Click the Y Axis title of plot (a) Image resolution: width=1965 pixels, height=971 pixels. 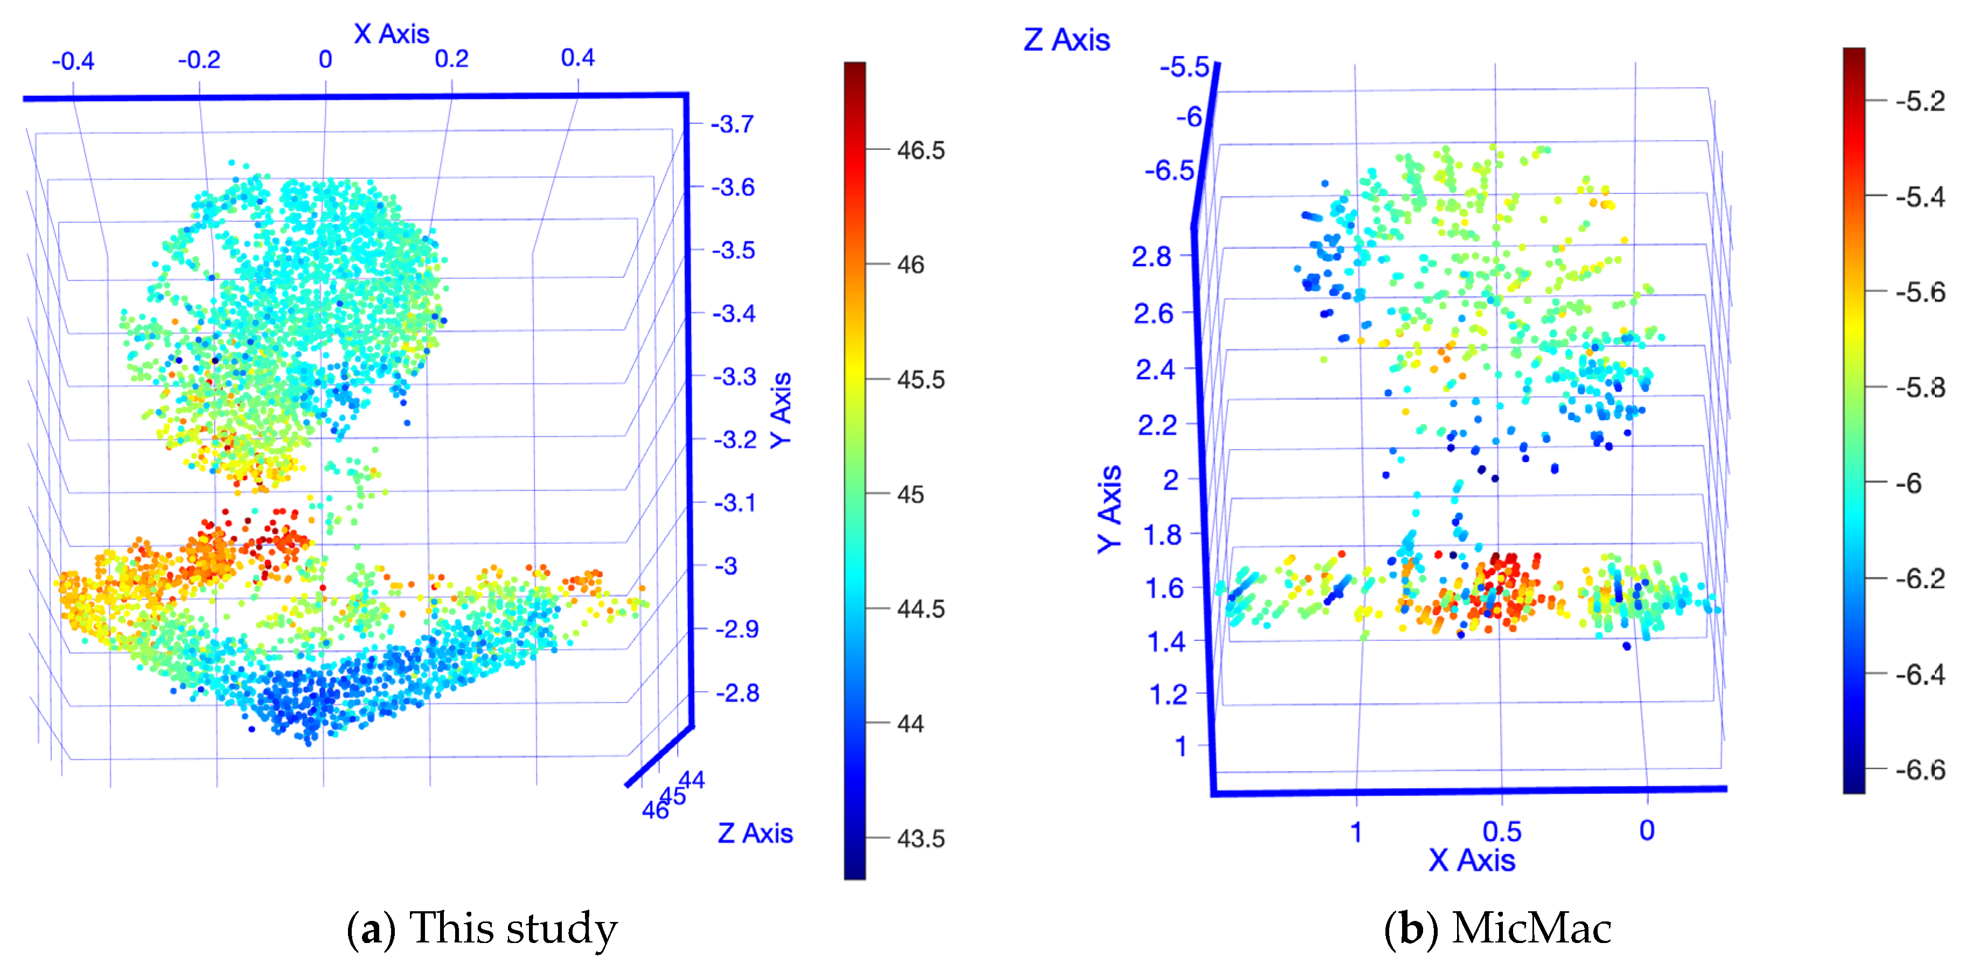pos(781,410)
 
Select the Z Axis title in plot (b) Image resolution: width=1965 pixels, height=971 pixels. pos(1067,40)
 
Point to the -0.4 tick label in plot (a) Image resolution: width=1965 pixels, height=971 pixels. pos(73,61)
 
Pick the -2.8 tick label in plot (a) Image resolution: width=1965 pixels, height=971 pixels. pos(737,693)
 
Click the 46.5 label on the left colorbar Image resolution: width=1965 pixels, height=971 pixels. pos(921,150)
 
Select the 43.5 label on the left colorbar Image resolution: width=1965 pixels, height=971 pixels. pos(921,839)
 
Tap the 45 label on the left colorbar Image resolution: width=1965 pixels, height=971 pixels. pos(910,494)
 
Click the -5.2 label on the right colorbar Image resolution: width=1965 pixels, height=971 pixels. pos(1920,101)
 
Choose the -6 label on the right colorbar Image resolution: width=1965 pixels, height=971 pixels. pos(1910,484)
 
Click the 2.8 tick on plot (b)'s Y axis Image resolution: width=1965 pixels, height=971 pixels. pos(1151,257)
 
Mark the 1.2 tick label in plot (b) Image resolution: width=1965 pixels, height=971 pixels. pos(1168,695)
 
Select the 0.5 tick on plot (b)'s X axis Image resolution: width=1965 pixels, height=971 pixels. pos(1502,832)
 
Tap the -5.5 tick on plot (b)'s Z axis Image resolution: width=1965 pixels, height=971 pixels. pos(1184,67)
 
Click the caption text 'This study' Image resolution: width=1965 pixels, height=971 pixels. pos(513,928)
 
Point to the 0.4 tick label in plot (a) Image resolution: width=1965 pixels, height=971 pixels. pos(577,58)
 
